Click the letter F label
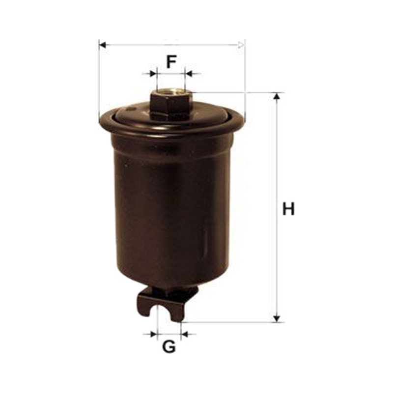click(x=171, y=62)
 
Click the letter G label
click(x=169, y=347)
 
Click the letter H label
click(x=288, y=209)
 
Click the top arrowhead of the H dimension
click(x=277, y=96)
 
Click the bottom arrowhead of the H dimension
click(x=277, y=318)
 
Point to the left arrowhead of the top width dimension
click(x=103, y=45)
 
